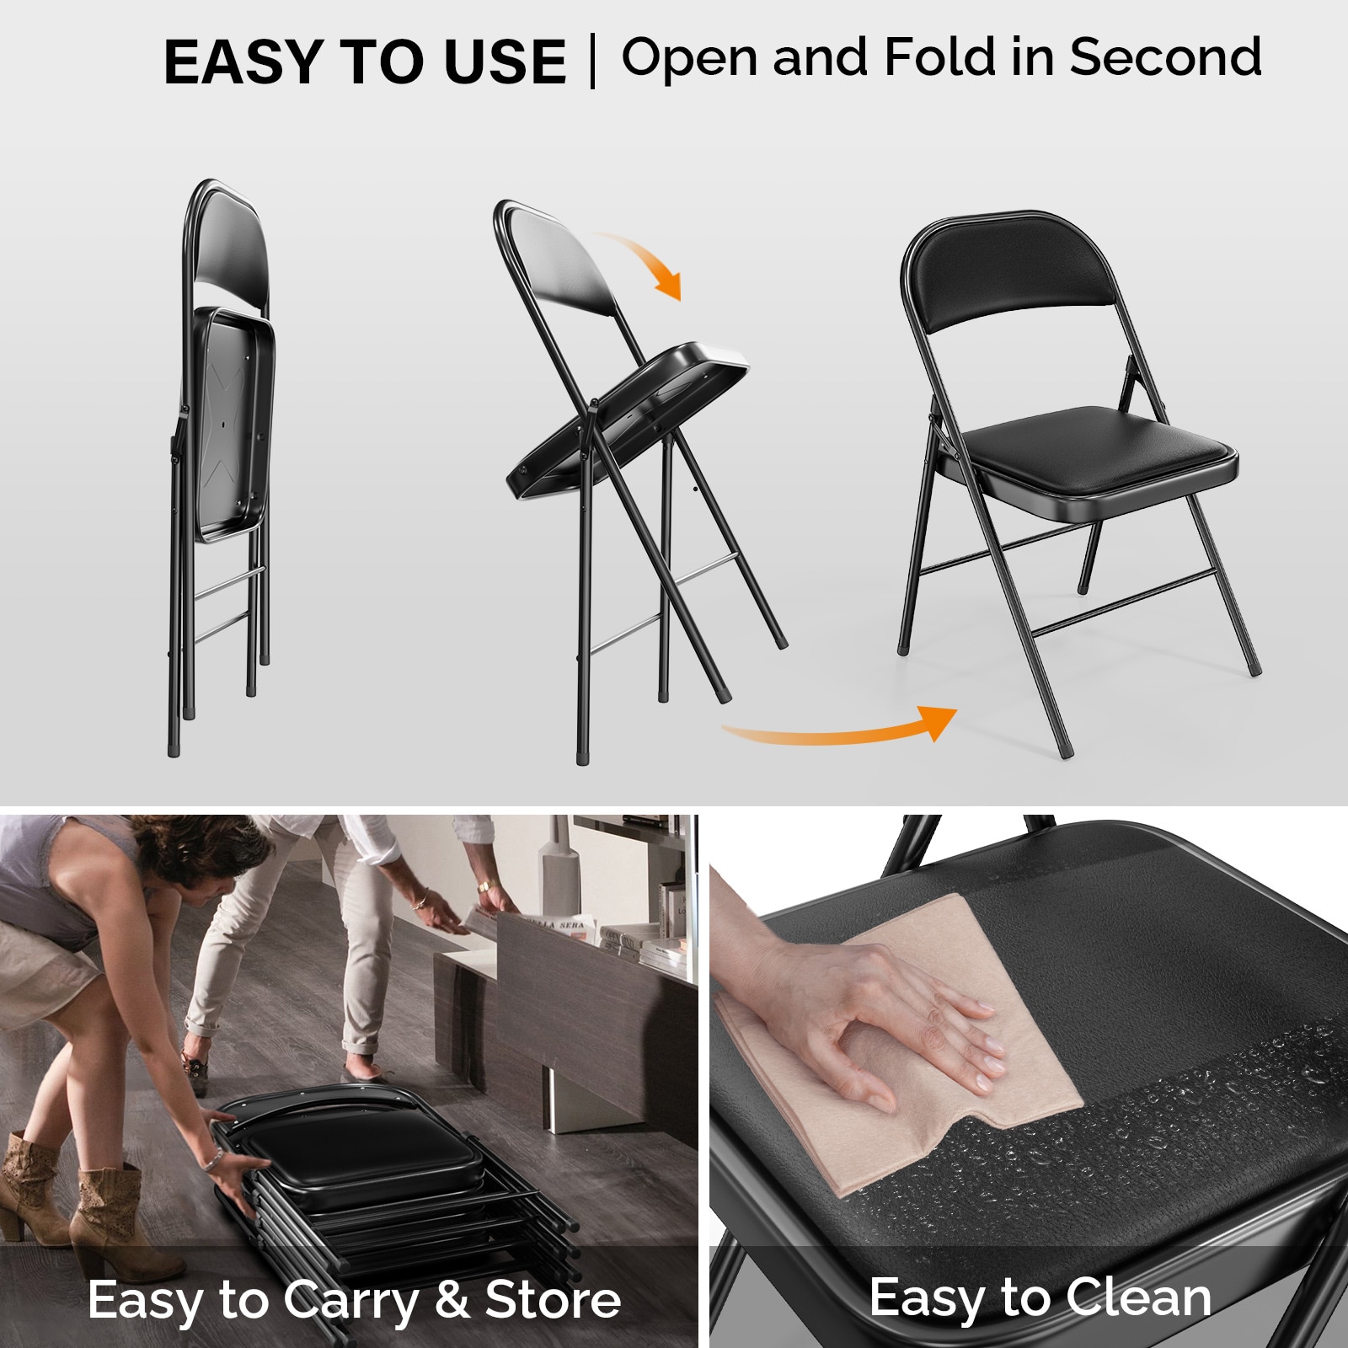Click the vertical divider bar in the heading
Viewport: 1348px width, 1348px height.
(x=593, y=61)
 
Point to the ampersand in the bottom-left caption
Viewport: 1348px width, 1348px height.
(x=452, y=1299)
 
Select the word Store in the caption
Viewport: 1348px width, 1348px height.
(x=553, y=1299)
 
